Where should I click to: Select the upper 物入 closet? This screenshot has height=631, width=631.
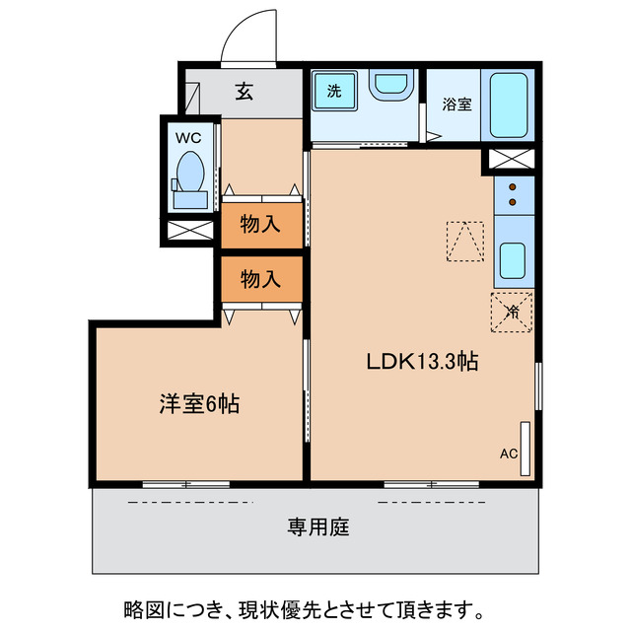pos(261,225)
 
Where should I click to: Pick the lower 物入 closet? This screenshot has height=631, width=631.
pos(261,279)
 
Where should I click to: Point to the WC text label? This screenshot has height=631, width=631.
pos(188,138)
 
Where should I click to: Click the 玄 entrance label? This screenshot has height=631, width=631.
pos(245,94)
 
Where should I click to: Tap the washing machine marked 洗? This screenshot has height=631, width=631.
pos(334,92)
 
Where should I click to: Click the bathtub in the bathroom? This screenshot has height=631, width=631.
pos(511,105)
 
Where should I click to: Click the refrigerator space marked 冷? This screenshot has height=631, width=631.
pos(513,313)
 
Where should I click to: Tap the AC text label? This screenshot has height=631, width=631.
pos(509,455)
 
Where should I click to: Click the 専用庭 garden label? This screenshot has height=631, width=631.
pos(318,526)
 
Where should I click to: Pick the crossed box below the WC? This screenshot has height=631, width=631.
pos(189,233)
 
